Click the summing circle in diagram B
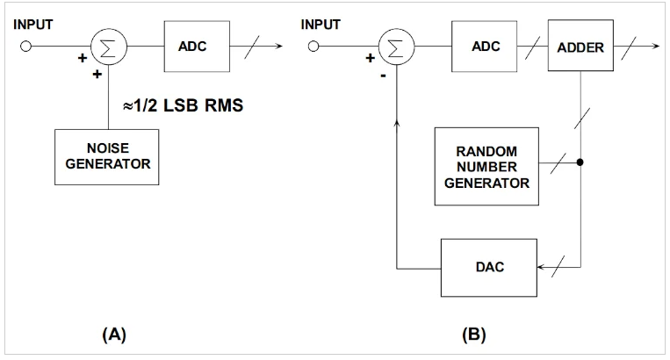point(398,47)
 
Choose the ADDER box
point(580,47)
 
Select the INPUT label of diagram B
point(321,25)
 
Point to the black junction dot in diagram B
point(580,162)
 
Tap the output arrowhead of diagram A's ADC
point(281,47)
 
